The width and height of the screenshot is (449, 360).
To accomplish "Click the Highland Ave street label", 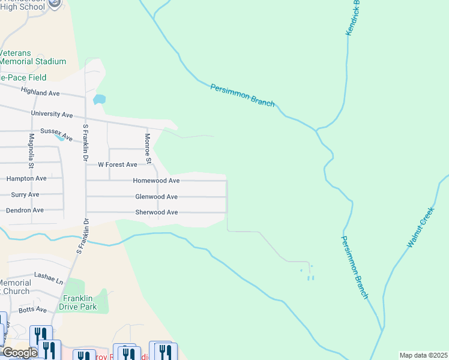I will pyautogui.click(x=40, y=93).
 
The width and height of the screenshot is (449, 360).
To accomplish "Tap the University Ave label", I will pyautogui.click(x=52, y=114).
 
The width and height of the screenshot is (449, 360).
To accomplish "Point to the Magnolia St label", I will pyautogui.click(x=31, y=152).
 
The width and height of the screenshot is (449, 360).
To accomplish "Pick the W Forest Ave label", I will pyautogui.click(x=118, y=164).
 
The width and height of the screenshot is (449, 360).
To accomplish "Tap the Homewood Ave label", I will pyautogui.click(x=156, y=181).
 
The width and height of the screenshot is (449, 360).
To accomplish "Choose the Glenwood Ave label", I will pyautogui.click(x=156, y=197).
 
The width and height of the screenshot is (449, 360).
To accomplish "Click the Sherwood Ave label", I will pyautogui.click(x=156, y=212).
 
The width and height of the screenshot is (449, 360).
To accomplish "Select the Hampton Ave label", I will pyautogui.click(x=26, y=179).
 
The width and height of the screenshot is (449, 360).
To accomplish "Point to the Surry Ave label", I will pyautogui.click(x=25, y=194).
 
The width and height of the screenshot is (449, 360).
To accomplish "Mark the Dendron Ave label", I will pyautogui.click(x=25, y=211).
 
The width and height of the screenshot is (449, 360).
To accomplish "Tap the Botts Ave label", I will pyautogui.click(x=32, y=310).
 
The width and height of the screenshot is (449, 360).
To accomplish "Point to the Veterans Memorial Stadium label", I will pyautogui.click(x=33, y=57).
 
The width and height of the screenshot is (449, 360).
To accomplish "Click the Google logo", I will pyautogui.click(x=20, y=353).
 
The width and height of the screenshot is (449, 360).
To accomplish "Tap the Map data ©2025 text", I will pyautogui.click(x=423, y=355).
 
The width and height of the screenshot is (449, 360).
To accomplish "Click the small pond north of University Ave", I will pyautogui.click(x=100, y=99).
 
